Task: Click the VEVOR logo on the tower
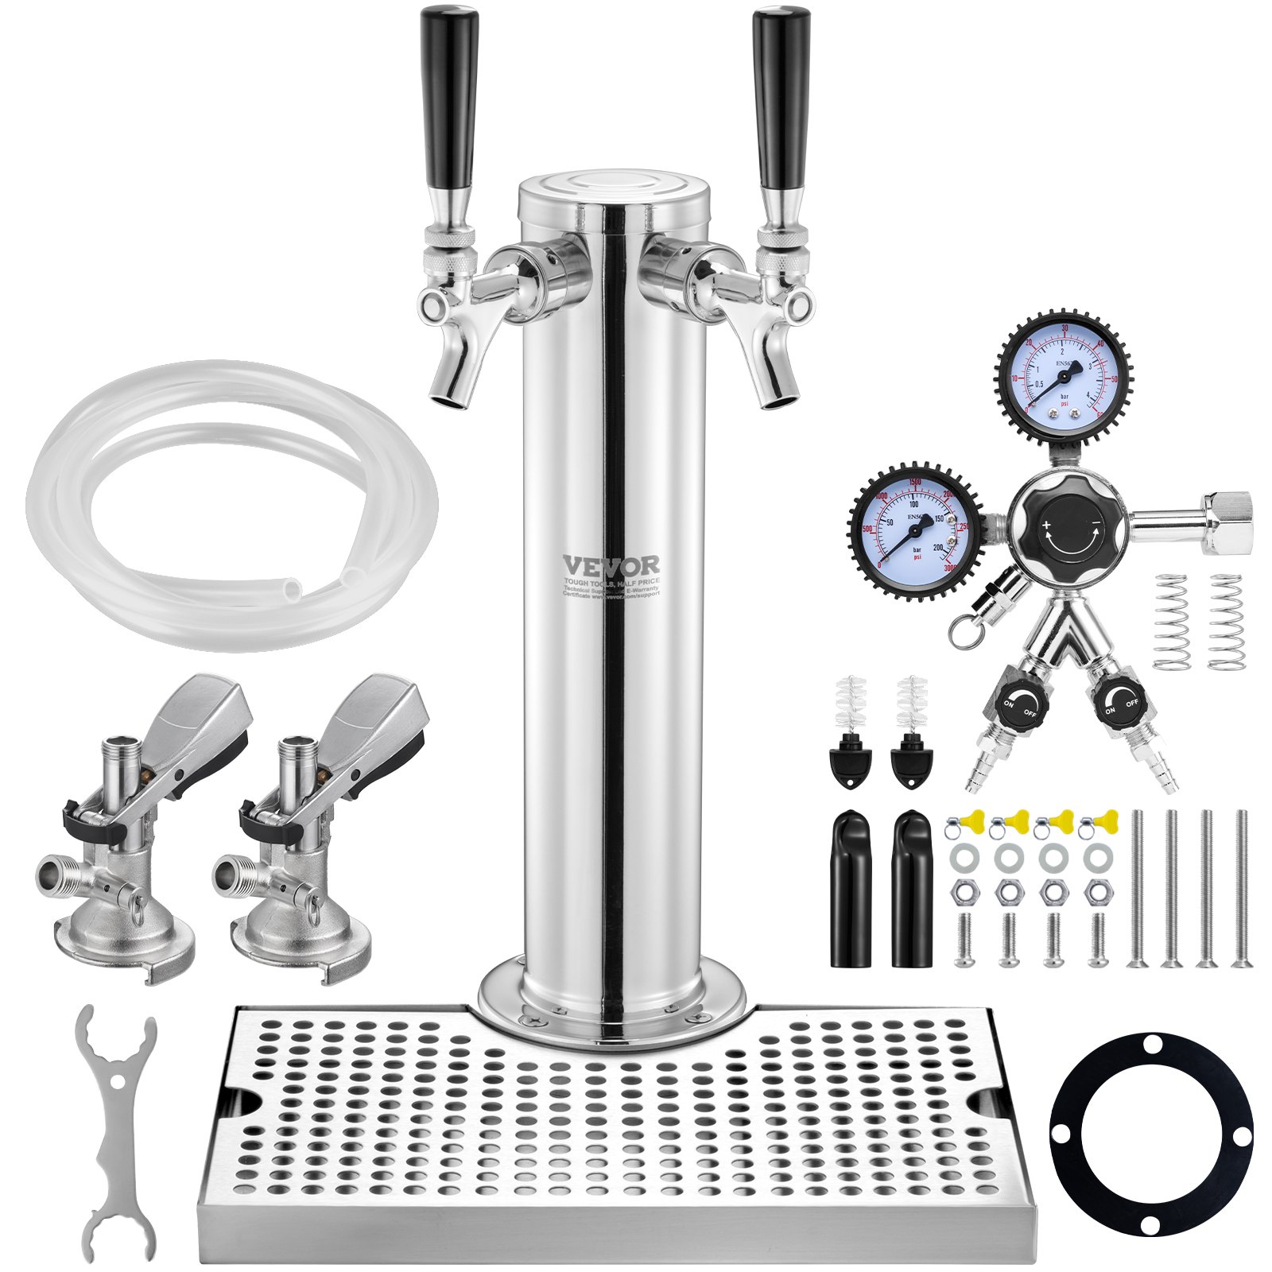(611, 564)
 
